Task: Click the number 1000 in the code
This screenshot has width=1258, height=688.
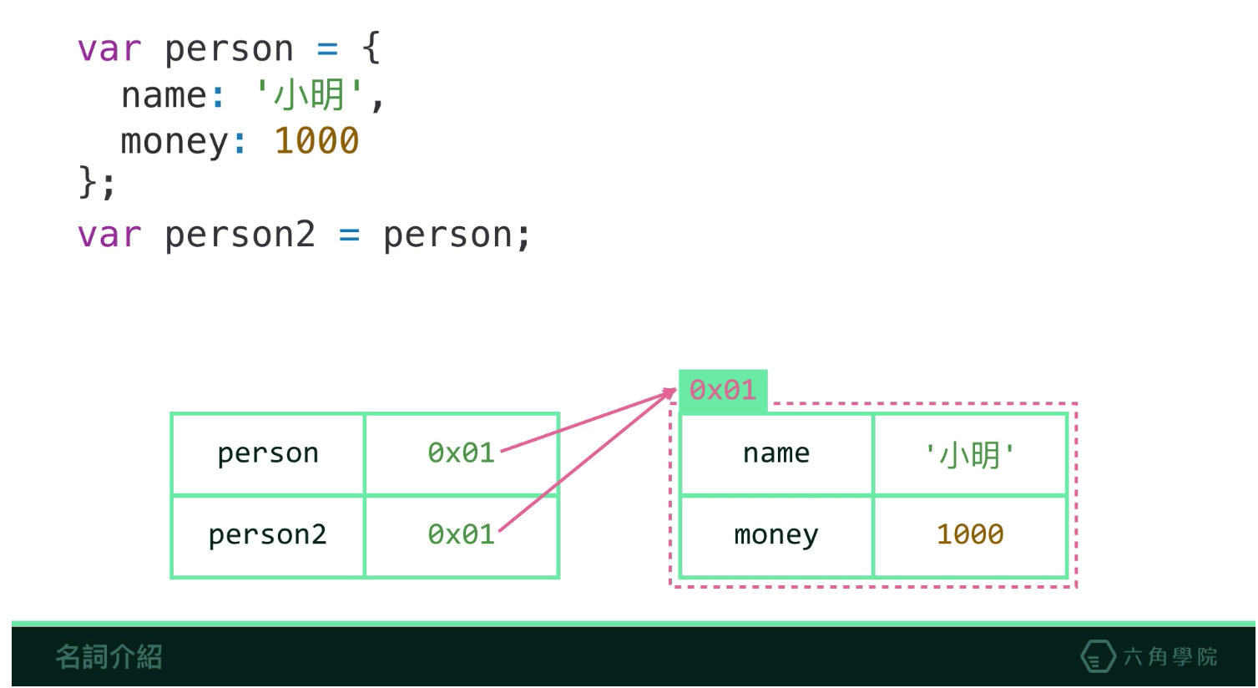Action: pos(316,141)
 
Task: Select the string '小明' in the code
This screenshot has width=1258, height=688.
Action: pos(310,95)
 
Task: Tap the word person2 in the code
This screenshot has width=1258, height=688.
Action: pos(240,235)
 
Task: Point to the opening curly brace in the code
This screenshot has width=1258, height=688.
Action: pos(371,48)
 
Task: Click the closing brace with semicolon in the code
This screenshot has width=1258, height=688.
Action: pos(96,182)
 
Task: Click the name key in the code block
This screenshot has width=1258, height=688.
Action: pos(164,95)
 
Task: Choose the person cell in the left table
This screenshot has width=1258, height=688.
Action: pos(268,453)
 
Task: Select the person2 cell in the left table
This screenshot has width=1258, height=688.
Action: pos(268,534)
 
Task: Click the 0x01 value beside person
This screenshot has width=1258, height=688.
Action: pos(461,453)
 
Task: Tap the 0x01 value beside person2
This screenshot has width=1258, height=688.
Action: pos(461,534)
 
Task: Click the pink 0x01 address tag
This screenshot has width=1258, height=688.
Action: pos(723,390)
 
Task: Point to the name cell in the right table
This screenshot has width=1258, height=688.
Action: pos(776,453)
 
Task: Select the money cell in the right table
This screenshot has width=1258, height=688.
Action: pos(776,534)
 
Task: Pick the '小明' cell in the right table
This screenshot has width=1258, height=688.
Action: pos(970,454)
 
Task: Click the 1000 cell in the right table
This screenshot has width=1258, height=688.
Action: pos(970,534)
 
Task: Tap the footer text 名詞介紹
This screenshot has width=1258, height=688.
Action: pos(109,657)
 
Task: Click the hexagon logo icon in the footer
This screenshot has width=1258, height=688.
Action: pos(1098,657)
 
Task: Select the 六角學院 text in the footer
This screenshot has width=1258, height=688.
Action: pos(1170,657)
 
